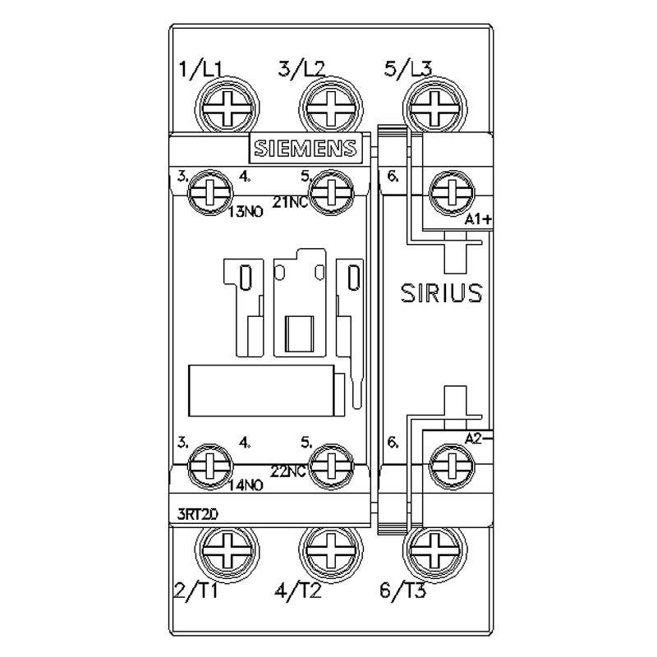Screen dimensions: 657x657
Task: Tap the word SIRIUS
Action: point(440,293)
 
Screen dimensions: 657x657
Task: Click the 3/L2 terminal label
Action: point(301,70)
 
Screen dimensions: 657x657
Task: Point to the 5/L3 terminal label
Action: point(407,70)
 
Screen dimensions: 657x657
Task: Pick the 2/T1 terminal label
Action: point(196,590)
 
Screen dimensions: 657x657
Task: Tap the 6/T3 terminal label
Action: point(405,590)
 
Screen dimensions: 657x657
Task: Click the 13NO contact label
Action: point(245,212)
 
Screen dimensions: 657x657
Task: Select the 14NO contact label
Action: point(245,485)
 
